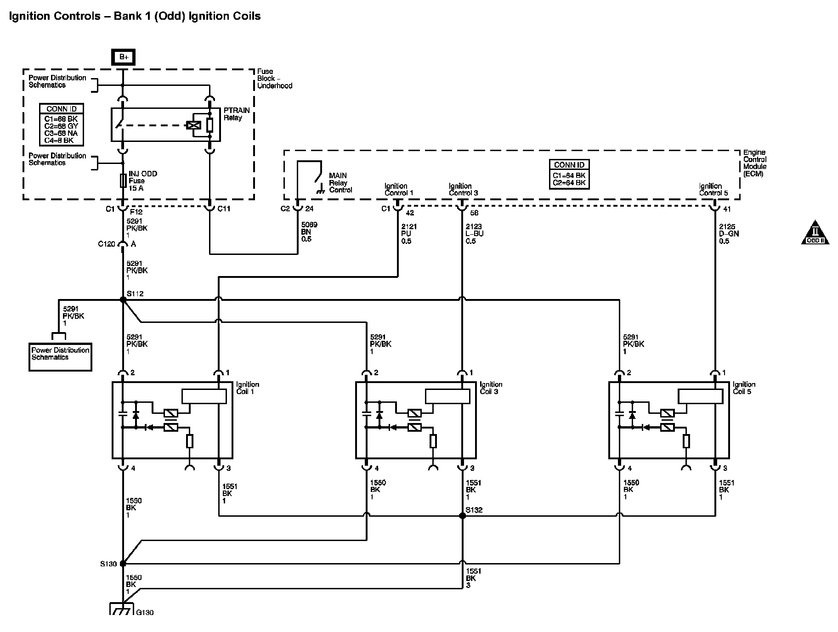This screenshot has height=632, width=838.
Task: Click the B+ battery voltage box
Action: tap(123, 57)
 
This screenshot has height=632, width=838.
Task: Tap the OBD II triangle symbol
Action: tap(815, 233)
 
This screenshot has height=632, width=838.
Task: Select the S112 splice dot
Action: tap(123, 300)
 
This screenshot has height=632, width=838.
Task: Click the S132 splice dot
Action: tap(462, 516)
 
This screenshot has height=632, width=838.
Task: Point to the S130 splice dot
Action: tap(123, 564)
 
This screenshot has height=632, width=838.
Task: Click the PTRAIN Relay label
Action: tap(237, 114)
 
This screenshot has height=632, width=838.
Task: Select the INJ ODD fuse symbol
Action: tap(123, 181)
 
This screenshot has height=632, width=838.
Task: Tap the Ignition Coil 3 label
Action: tap(491, 388)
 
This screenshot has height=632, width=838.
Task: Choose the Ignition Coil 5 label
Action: tap(744, 388)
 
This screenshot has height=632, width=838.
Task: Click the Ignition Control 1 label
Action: tap(398, 189)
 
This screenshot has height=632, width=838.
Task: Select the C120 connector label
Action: tap(107, 244)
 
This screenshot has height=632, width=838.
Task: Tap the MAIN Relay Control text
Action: tap(340, 183)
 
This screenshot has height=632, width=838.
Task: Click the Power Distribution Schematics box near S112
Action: tap(60, 356)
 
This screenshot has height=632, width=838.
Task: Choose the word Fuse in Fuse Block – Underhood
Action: tap(265, 71)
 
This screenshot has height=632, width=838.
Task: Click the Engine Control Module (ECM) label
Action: tap(754, 163)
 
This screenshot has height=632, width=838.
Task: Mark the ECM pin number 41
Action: tap(726, 209)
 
